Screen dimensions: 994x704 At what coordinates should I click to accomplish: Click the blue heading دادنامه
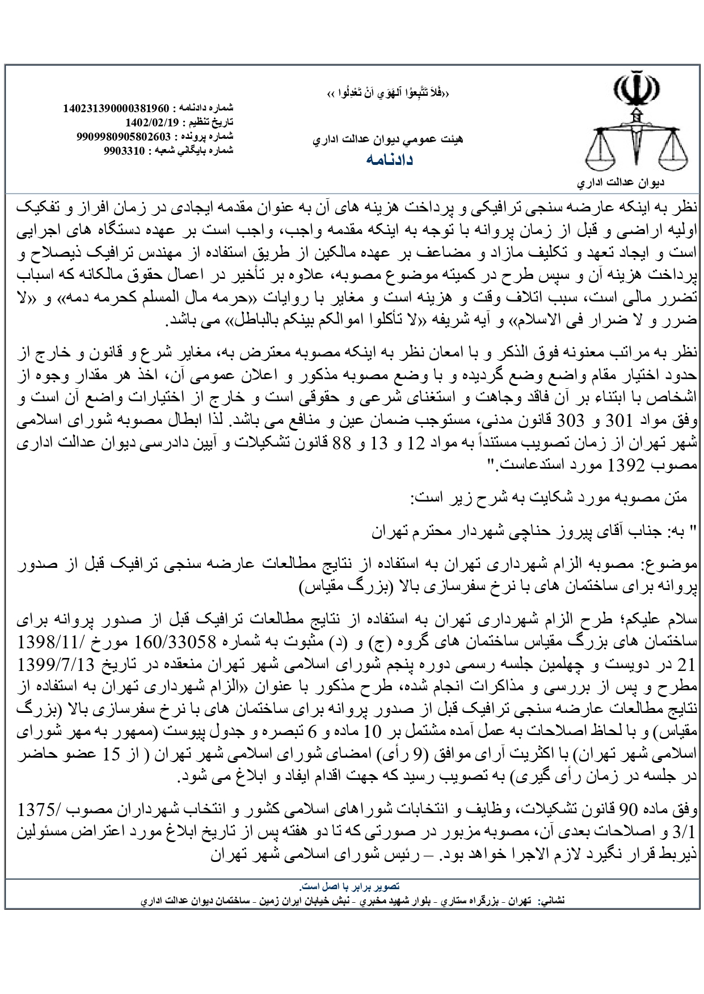(x=389, y=160)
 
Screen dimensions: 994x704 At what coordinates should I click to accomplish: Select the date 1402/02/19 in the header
(x=152, y=122)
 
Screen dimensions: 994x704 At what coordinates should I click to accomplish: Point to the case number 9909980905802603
(x=124, y=137)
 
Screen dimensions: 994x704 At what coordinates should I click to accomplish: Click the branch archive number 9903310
(x=126, y=151)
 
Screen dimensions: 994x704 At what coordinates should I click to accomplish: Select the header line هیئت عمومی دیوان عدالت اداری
(x=388, y=138)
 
